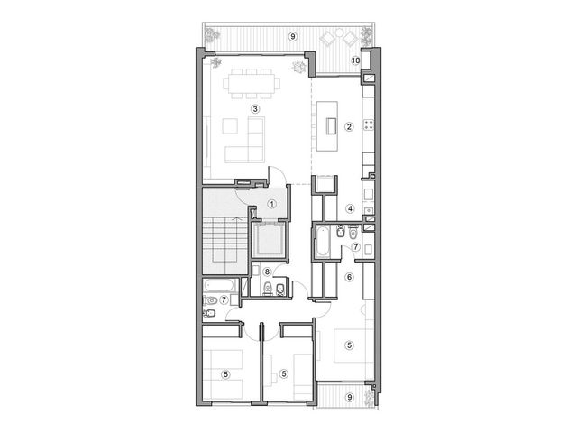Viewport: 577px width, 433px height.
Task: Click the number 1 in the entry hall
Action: tap(271, 204)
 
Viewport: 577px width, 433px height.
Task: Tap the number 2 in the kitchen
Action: tap(349, 126)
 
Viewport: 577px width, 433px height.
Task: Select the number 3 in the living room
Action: tap(254, 108)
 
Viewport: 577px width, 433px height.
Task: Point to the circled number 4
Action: tap(350, 208)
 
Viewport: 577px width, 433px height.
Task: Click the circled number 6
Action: tap(349, 277)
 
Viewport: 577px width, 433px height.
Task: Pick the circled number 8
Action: tap(267, 272)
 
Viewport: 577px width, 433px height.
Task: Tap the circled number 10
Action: tap(355, 60)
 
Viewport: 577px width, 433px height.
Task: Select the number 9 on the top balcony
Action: tap(292, 36)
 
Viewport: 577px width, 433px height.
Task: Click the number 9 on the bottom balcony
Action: tap(350, 397)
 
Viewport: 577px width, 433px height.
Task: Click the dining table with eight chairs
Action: tap(252, 84)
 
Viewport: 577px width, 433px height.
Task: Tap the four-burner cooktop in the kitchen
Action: tap(369, 124)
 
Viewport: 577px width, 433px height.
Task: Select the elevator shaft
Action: tap(269, 239)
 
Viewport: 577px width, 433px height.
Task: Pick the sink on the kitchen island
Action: tap(331, 126)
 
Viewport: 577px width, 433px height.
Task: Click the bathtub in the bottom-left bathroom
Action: tap(220, 286)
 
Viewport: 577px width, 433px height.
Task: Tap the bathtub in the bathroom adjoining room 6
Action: tap(322, 241)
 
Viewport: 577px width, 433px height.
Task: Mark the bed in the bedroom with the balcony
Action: tap(349, 345)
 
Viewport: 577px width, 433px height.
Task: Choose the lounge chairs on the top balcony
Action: tap(339, 38)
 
